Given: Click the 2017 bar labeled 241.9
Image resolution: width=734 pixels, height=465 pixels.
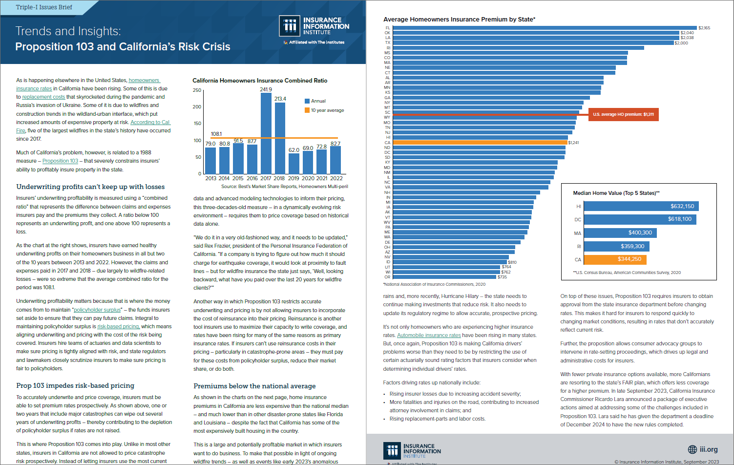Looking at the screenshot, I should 266,133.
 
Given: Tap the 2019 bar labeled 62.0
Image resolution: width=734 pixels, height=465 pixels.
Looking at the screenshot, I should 294,164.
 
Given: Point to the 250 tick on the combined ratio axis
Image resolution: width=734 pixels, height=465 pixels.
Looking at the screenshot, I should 197,90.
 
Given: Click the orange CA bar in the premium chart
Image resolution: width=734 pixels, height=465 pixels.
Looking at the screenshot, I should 480,143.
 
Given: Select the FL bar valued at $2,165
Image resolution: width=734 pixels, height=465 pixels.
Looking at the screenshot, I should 545,28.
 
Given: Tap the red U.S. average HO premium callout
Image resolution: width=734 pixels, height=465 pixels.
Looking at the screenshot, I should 623,114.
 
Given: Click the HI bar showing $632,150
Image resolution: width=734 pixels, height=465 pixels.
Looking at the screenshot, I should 641,206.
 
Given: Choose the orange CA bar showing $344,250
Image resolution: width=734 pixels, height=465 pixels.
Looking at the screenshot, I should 615,259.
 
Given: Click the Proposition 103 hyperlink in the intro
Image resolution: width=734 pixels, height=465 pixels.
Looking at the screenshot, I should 60,161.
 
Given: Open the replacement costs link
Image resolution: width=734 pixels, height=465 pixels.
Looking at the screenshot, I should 43,97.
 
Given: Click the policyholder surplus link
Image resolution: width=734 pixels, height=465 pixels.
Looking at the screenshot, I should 97,310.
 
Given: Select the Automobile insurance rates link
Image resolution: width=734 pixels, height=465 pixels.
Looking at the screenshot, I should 429,335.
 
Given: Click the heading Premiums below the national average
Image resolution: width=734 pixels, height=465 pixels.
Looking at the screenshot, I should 254,386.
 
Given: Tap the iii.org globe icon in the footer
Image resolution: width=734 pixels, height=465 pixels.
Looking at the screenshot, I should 692,449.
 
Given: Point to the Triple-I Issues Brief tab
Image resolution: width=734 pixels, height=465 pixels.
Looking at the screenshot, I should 44,7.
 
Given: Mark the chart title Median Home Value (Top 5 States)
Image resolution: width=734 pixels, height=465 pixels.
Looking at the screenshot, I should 616,193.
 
